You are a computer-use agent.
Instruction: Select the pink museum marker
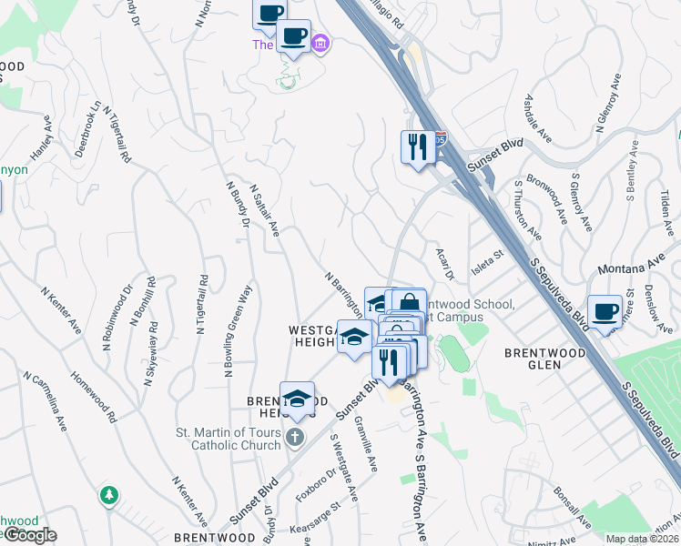[x=320, y=43]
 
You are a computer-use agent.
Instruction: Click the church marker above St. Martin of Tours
[x=294, y=438]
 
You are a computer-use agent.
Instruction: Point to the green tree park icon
[x=109, y=495]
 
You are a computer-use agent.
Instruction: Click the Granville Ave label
[x=366, y=444]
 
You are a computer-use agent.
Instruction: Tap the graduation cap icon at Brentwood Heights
[x=297, y=398]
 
